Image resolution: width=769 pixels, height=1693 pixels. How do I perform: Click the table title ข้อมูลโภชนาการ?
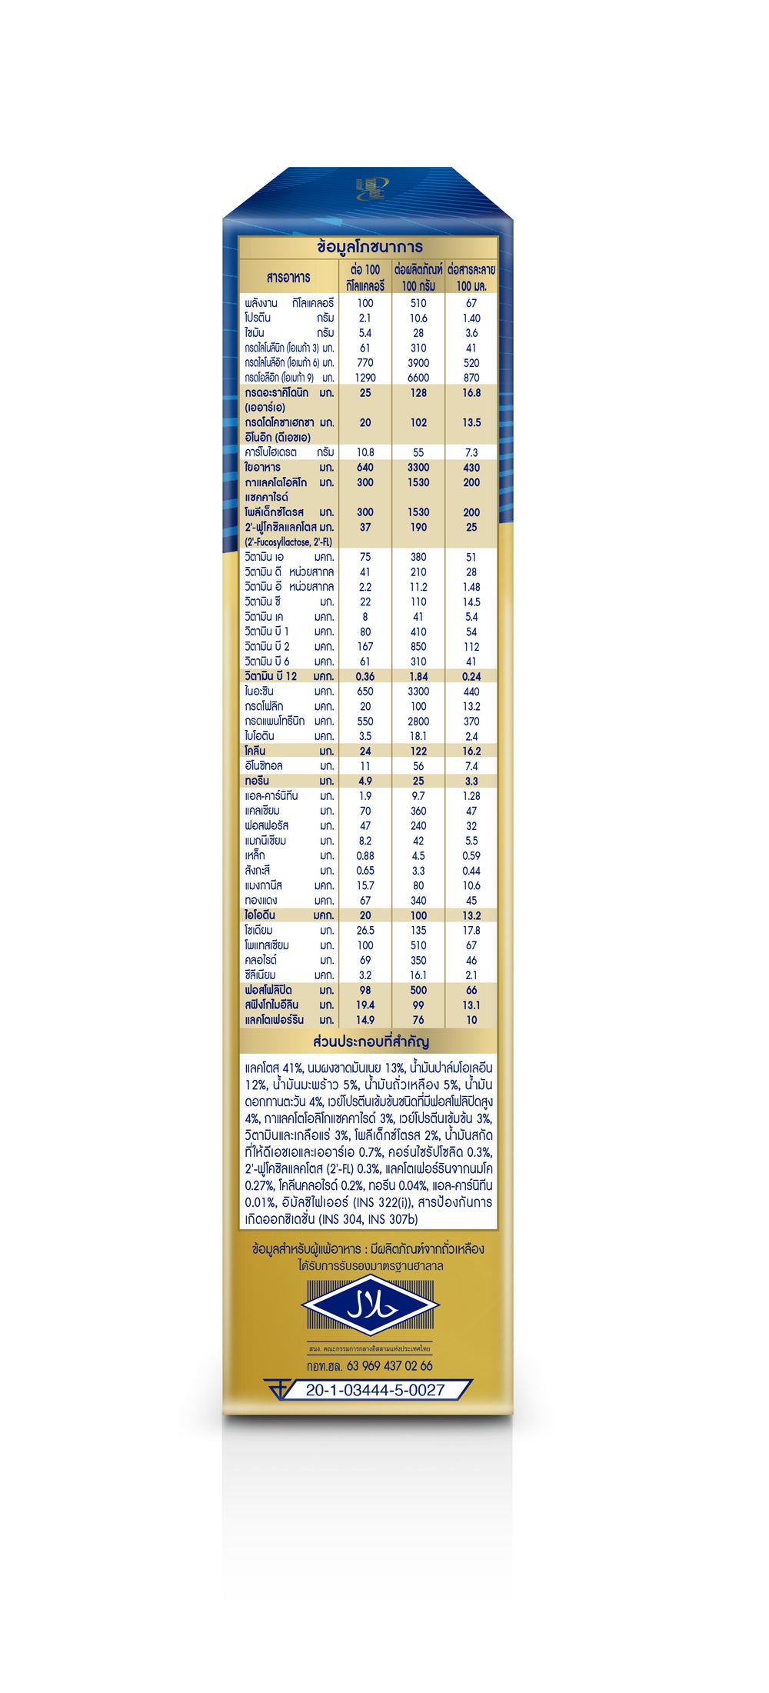369,248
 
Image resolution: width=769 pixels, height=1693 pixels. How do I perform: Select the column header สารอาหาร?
288,278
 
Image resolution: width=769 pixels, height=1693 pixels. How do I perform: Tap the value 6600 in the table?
418,378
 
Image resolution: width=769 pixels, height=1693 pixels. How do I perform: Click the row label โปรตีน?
258,318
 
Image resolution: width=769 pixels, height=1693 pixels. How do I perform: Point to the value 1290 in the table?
365,378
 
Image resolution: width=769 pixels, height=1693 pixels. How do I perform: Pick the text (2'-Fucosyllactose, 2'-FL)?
288,542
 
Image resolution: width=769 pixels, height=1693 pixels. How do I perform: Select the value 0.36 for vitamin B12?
365,677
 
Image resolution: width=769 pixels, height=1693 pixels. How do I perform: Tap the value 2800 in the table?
418,722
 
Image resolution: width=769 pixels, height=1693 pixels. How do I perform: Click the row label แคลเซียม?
262,811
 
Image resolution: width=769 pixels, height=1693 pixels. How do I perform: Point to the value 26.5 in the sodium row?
365,931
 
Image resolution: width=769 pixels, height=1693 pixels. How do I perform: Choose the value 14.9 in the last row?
365,1020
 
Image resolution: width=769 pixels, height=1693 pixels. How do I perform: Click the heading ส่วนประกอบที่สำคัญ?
371,1042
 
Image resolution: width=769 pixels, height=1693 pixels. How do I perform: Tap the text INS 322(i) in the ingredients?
383,1202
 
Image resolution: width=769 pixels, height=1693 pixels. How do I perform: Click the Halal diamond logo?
370,1307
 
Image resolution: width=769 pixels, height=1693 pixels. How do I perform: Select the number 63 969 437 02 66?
389,1366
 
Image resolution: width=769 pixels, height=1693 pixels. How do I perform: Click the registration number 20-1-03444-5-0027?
375,1390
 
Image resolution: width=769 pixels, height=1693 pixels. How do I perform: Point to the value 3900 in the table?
418,363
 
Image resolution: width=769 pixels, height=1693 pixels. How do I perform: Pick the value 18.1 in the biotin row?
418,736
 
